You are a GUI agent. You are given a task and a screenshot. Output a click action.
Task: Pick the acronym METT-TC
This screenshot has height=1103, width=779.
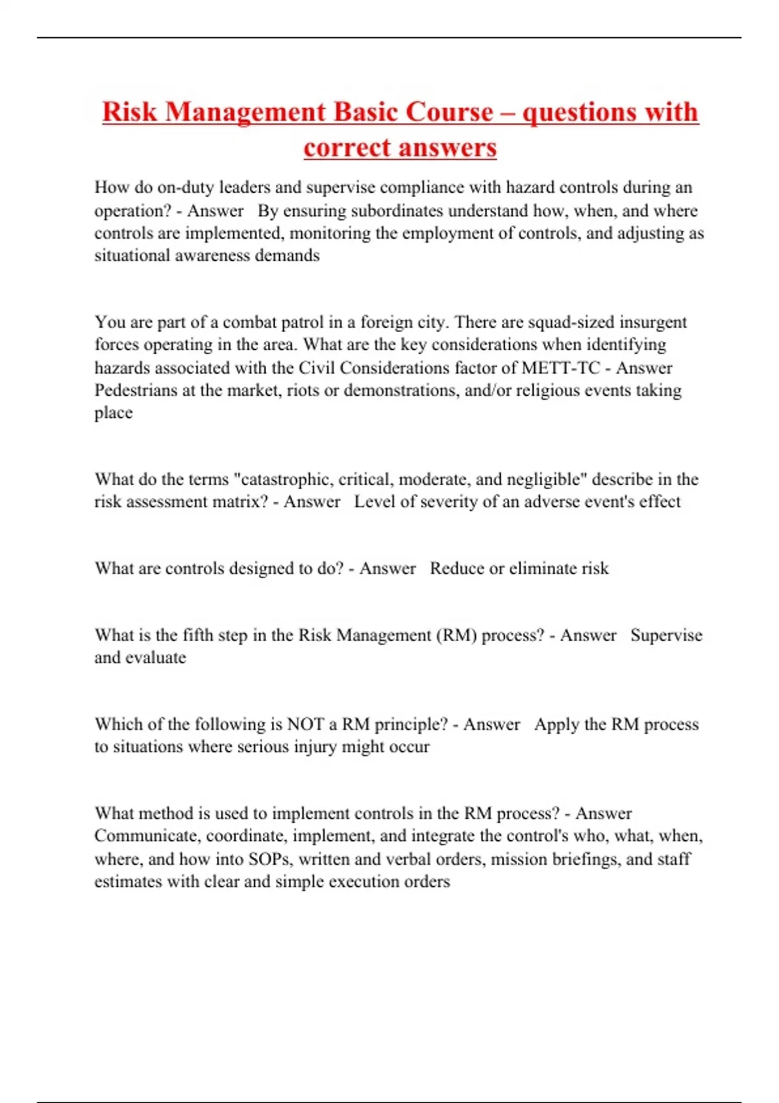(561, 368)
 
